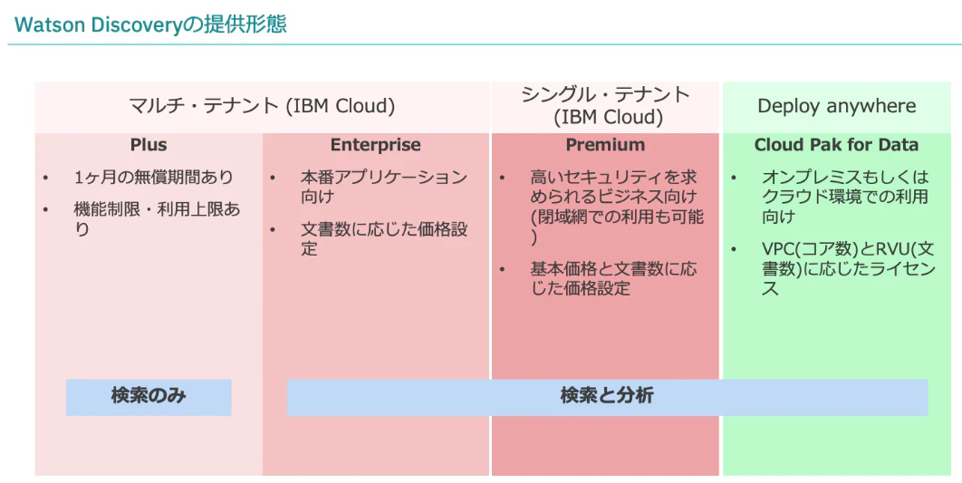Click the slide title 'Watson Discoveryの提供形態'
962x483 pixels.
tap(150, 24)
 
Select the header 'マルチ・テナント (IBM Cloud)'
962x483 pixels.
tap(262, 105)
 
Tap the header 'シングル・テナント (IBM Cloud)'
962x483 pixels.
tap(605, 105)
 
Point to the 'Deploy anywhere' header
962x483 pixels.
tap(837, 105)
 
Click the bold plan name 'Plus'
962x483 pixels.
tap(149, 145)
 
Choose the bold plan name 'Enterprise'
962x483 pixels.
tap(376, 145)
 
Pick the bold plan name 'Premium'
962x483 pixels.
tap(605, 145)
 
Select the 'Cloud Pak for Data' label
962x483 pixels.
tap(836, 145)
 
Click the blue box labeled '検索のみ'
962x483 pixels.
tap(149, 397)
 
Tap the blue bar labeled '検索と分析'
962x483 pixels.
tap(608, 397)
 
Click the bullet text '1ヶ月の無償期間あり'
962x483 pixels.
tap(154, 178)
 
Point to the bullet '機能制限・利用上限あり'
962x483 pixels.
tap(157, 219)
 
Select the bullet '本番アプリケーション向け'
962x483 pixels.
tap(384, 188)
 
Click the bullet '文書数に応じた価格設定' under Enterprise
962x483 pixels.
tap(384, 238)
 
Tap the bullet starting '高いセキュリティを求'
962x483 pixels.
tap(617, 207)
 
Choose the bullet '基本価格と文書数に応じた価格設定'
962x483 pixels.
tap(613, 278)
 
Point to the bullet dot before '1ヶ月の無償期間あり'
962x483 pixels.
tap(46, 178)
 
